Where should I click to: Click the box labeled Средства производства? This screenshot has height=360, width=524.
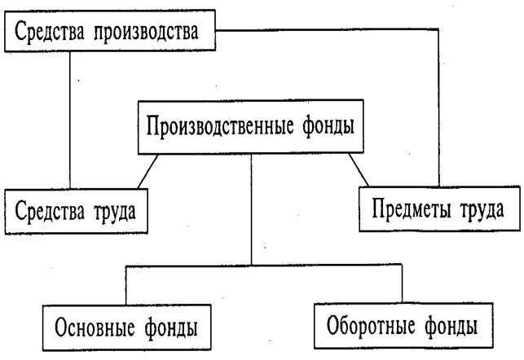click(x=112, y=33)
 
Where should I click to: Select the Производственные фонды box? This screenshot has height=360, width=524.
click(x=251, y=129)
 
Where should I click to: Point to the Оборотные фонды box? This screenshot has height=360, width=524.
click(x=402, y=326)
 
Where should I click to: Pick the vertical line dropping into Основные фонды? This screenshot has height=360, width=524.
click(x=125, y=286)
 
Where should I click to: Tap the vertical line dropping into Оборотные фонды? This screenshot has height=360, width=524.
click(x=403, y=285)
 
